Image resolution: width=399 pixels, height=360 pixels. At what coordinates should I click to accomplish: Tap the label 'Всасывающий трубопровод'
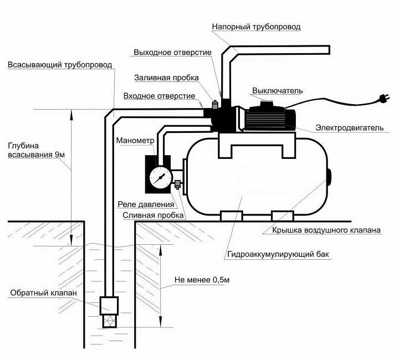pyautogui.click(x=60, y=65)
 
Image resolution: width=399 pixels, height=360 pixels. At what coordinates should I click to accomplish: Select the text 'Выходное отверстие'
pyautogui.click(x=172, y=53)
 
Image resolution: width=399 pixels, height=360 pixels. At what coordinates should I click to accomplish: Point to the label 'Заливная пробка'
pyautogui.click(x=166, y=78)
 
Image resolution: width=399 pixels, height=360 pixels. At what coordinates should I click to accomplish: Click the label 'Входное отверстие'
pyautogui.click(x=158, y=95)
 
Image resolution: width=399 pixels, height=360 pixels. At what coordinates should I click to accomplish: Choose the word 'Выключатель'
pyautogui.click(x=278, y=90)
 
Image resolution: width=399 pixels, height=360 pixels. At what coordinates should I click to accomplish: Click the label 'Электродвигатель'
pyautogui.click(x=349, y=128)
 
